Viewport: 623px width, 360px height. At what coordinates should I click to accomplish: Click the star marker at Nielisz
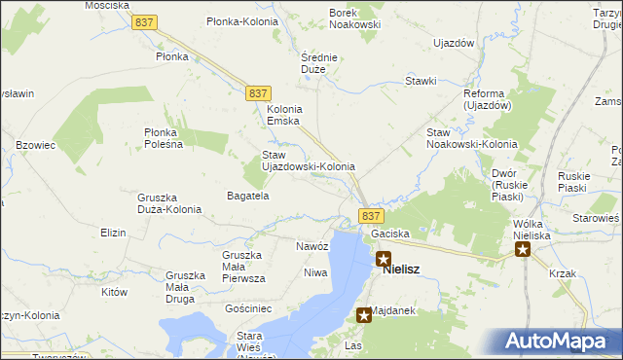384,260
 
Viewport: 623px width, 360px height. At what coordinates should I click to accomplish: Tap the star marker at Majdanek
364,314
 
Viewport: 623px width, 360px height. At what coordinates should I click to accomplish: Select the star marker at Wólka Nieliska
523,249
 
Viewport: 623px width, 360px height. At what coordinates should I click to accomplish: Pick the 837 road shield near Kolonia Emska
257,91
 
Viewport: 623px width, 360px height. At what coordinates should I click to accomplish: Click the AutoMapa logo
559,341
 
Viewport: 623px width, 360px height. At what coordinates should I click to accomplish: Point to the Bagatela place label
247,196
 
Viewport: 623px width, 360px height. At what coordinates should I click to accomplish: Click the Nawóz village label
312,246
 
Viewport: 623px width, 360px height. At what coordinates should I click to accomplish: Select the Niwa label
315,272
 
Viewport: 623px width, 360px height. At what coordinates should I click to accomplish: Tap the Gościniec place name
248,307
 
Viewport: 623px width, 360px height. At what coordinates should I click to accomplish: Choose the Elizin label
114,234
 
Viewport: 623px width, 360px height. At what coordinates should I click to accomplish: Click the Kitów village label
115,291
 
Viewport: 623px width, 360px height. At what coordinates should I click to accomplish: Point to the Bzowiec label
35,145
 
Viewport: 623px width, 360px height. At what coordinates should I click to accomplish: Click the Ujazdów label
453,44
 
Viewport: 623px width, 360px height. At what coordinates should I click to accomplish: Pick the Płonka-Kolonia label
239,20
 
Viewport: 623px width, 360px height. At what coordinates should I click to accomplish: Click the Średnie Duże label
318,63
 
